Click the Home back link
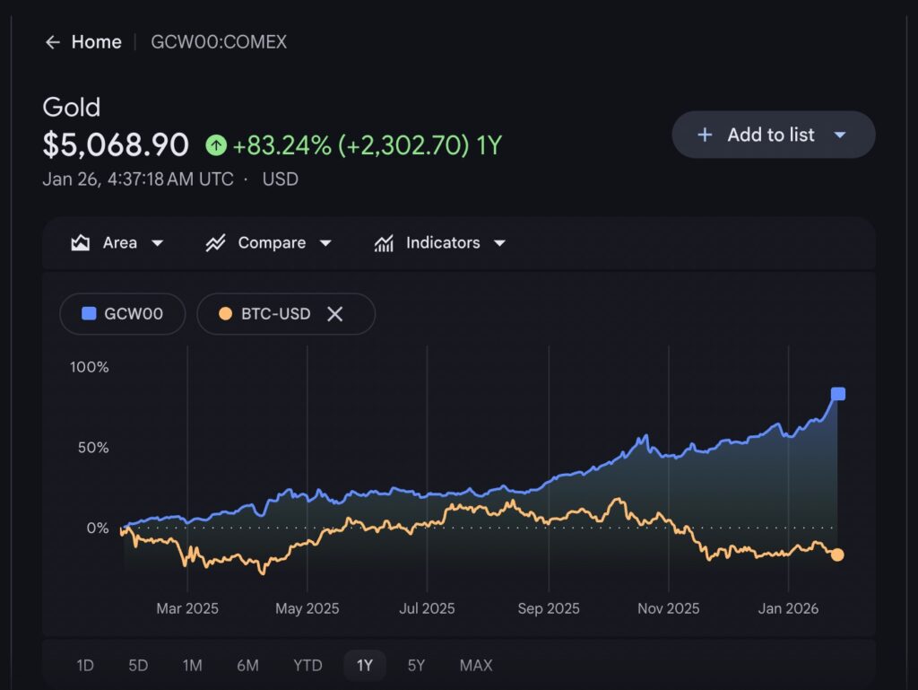(x=83, y=42)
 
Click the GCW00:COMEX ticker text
(x=219, y=42)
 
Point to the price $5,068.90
(x=116, y=144)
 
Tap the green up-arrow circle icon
(x=216, y=144)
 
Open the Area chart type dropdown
(x=117, y=243)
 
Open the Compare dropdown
(x=269, y=243)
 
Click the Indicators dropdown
(x=440, y=243)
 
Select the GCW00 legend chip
(x=122, y=314)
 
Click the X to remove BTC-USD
(x=334, y=314)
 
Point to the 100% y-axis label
(x=90, y=367)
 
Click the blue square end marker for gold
(x=838, y=394)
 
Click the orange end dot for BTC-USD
(x=837, y=555)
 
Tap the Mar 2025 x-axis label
(x=186, y=608)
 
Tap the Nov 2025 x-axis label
(x=668, y=608)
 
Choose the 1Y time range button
(x=364, y=665)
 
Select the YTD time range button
(x=307, y=665)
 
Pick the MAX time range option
(x=476, y=665)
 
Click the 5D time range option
(x=138, y=665)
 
